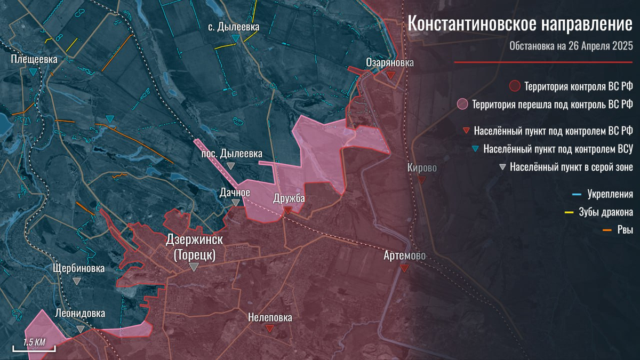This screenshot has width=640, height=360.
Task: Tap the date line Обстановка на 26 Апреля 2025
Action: (570, 46)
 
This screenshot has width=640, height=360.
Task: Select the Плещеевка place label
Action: (34, 59)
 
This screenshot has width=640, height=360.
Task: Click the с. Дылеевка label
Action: (235, 27)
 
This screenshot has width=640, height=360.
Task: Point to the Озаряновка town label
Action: (390, 63)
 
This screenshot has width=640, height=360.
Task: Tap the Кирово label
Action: (422, 168)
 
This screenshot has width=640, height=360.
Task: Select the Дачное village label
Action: (235, 191)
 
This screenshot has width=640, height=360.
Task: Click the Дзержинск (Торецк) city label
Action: (195, 247)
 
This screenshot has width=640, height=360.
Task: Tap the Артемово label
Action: (405, 257)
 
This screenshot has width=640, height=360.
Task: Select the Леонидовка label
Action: (80, 314)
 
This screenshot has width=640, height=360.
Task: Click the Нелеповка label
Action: (270, 318)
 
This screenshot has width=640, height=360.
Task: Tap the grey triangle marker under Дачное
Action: (235, 203)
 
